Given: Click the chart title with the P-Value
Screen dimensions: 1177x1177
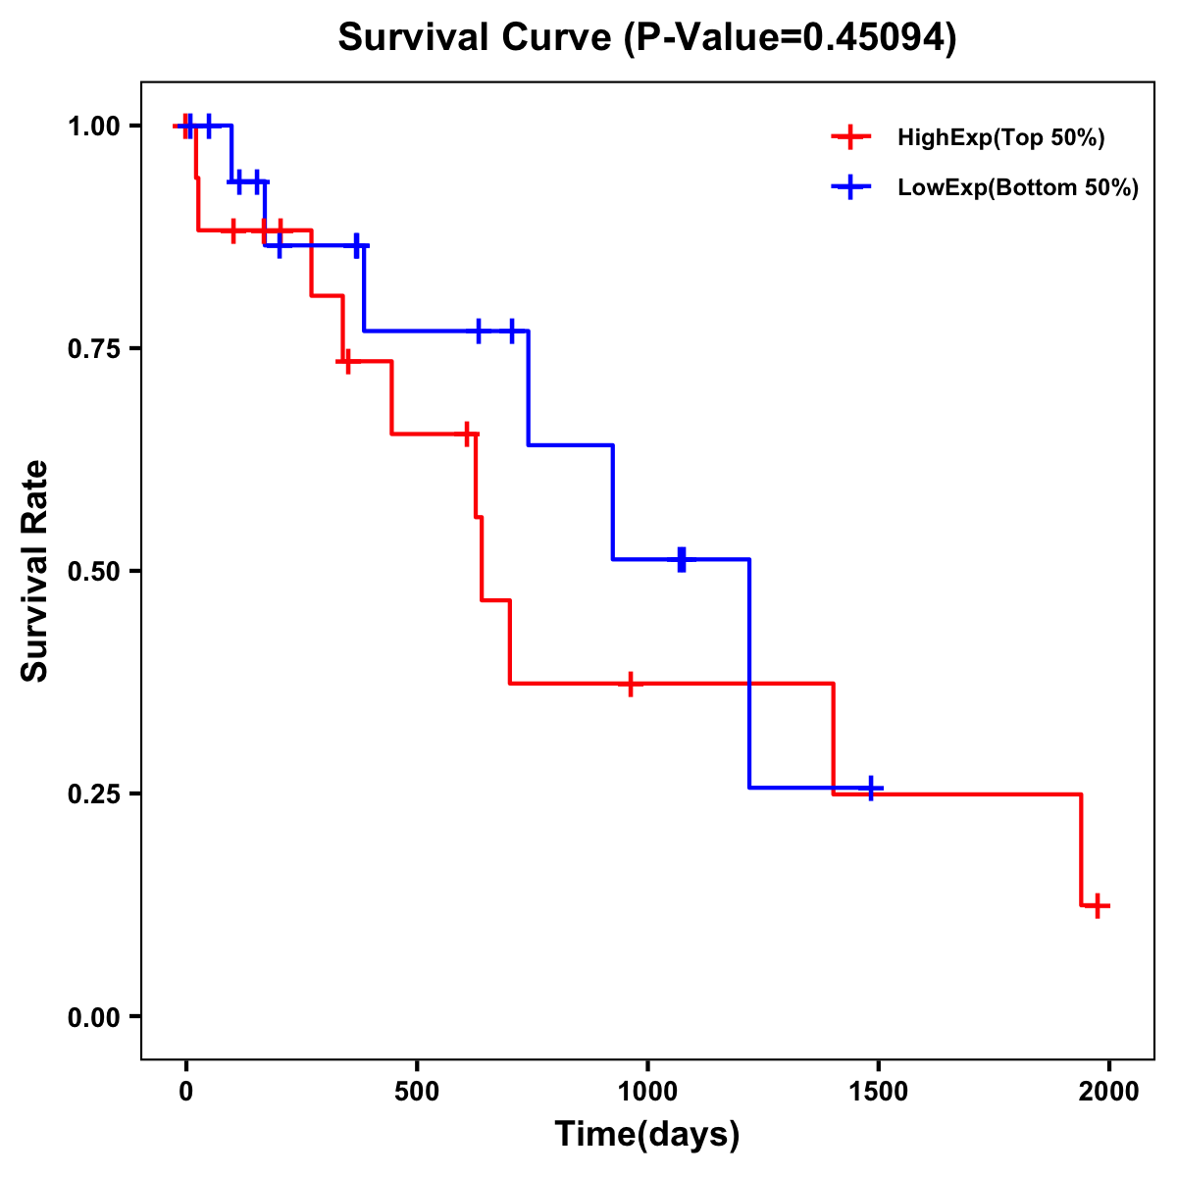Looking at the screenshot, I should pos(647,37).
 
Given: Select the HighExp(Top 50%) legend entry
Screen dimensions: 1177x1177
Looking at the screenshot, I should pos(1000,138).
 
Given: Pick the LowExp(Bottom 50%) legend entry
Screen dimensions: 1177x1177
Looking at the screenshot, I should pos(1018,188).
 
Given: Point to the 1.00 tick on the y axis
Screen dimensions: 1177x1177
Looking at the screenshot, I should pos(92,126).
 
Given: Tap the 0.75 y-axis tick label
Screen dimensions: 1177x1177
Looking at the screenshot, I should pos(92,348).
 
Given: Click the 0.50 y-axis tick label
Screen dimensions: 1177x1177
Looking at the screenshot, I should pos(92,571).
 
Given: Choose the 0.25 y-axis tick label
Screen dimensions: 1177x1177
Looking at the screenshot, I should pos(92,793).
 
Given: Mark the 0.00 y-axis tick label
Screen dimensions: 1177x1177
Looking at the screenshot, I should pos(92,1016).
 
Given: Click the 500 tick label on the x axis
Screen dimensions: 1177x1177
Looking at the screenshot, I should pos(417,1092).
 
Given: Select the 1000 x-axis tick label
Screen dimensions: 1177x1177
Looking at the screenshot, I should pos(647,1092).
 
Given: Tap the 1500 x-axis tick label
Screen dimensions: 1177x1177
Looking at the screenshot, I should pos(879,1092).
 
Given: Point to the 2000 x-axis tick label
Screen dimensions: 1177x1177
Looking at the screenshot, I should pos(1109,1092).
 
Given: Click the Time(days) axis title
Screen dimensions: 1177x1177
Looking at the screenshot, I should pos(647,1135).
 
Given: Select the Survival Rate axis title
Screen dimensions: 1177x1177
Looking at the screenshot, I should pos(35,571).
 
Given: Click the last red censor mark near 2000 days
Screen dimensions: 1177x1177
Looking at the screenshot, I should pos(1099,905).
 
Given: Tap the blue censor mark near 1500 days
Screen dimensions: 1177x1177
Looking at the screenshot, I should pos(871,788).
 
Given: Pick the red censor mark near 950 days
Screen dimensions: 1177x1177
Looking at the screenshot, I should pos(630,684).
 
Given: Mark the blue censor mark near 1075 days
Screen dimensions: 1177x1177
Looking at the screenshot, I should pos(682,559).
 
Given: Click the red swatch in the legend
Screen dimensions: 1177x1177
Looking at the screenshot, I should pos(850,138).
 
